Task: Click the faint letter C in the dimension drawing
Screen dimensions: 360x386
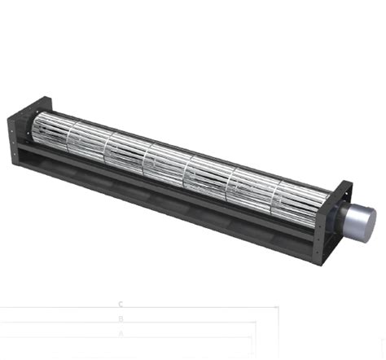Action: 121,304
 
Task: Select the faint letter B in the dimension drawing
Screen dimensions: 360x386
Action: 121,319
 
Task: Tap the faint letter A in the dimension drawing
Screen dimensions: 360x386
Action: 121,333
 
